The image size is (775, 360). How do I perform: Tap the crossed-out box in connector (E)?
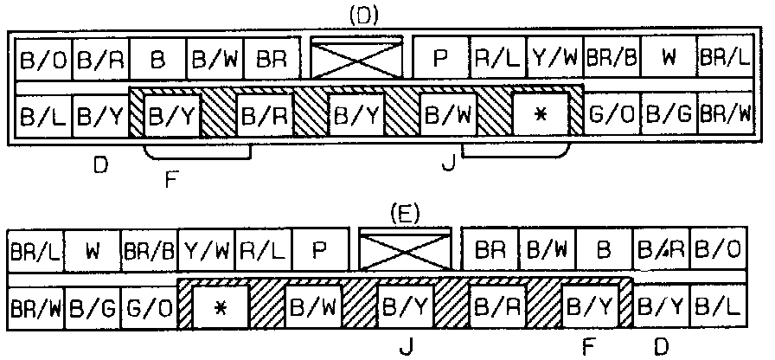pos(406,250)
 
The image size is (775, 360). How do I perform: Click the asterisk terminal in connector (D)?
pos(541,115)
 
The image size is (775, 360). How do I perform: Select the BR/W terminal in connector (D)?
pos(725,113)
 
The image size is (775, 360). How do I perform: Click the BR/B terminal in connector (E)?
pos(150,252)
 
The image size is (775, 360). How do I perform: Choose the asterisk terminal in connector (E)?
pos(219,306)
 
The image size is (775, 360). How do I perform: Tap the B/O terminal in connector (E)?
pos(717,252)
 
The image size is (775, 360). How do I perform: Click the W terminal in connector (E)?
pos(92,252)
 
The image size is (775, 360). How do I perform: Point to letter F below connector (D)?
pos(170,182)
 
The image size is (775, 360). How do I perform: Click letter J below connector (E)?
pos(406,346)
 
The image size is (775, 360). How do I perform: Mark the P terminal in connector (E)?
pos(319,252)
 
